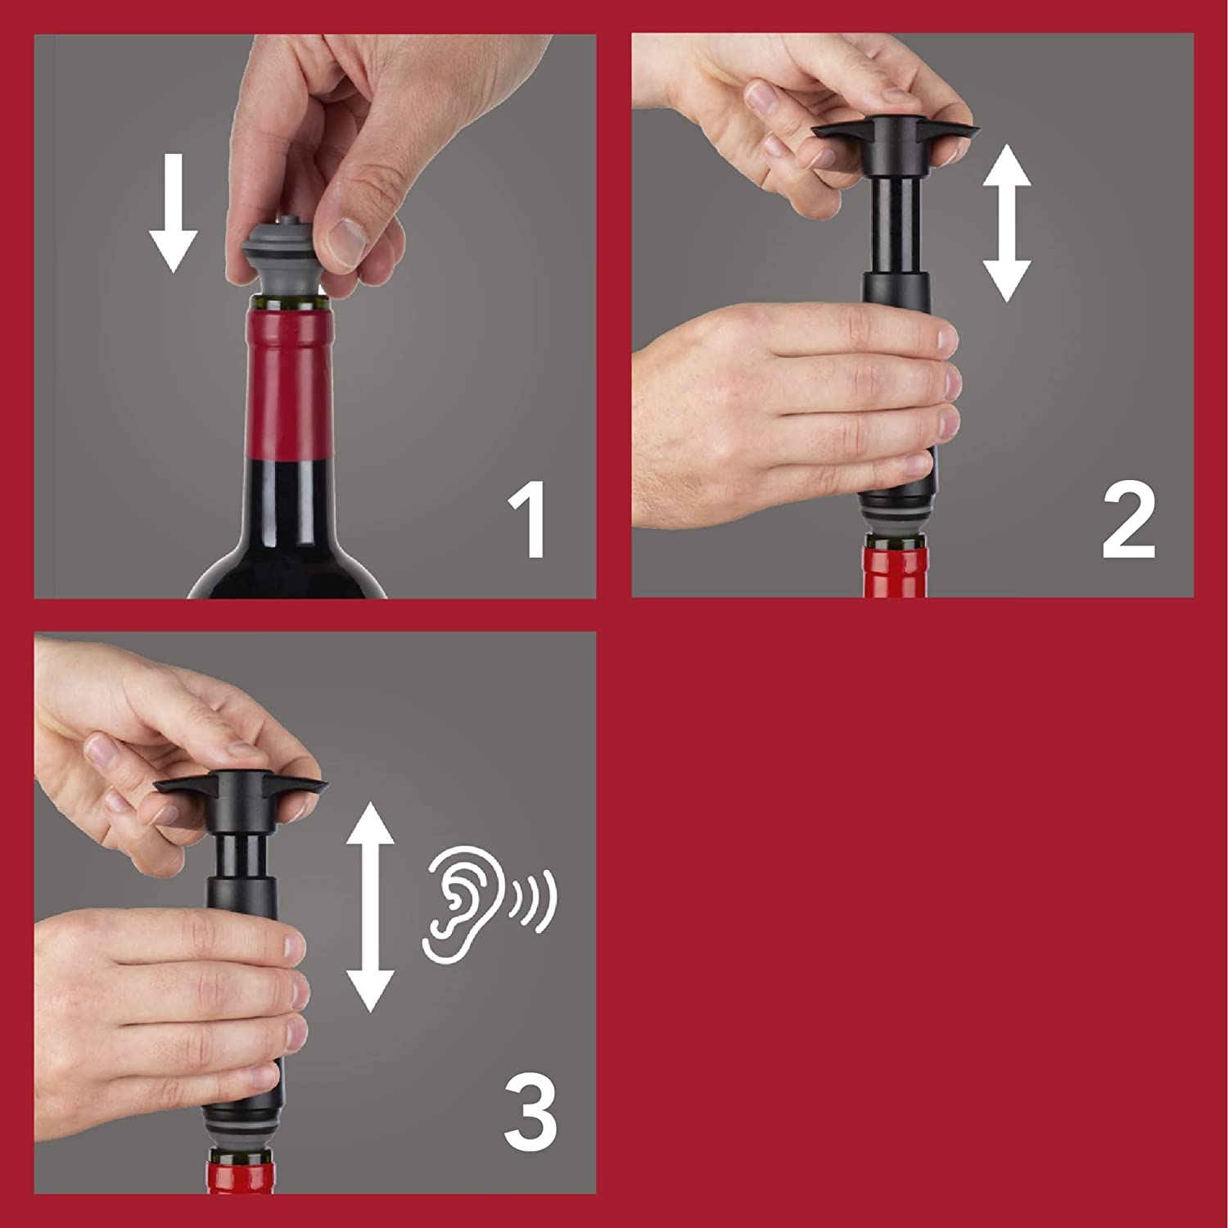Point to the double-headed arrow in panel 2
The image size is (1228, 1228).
pyautogui.click(x=1005, y=223)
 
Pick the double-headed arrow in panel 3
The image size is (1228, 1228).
pyautogui.click(x=371, y=906)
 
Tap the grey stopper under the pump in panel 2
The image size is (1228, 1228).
pyautogui.click(x=896, y=524)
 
